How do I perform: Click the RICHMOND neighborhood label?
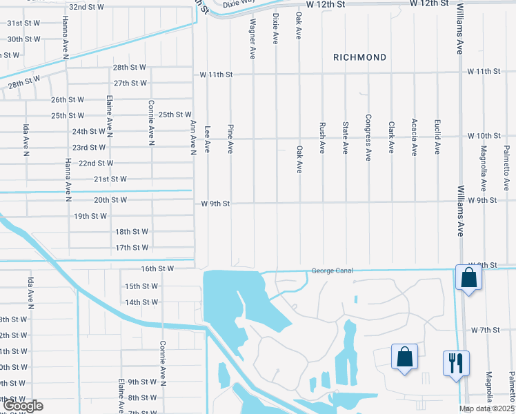359,57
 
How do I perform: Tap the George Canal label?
332,270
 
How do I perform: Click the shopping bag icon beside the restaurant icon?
404,357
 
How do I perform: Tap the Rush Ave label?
322,138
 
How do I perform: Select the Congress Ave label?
368,138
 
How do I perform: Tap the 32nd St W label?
86,7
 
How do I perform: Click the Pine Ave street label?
230,138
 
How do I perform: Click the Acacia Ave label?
414,137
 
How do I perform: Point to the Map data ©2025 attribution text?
486,408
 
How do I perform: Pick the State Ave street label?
345,138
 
